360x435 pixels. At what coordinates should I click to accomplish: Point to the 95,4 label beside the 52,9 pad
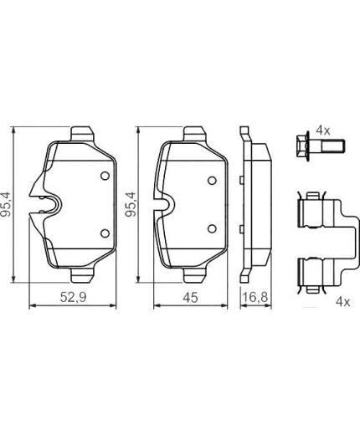pyautogui.click(x=8, y=203)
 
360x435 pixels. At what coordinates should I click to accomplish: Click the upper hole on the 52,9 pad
pyautogui.click(x=104, y=176)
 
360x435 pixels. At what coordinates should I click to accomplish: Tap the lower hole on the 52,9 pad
pyautogui.click(x=104, y=233)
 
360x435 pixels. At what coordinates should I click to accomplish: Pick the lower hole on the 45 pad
pyautogui.click(x=212, y=228)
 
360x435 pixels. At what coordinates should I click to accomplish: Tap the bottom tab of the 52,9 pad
pyautogui.click(x=83, y=275)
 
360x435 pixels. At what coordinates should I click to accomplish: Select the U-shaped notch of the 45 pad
pyautogui.click(x=166, y=203)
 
